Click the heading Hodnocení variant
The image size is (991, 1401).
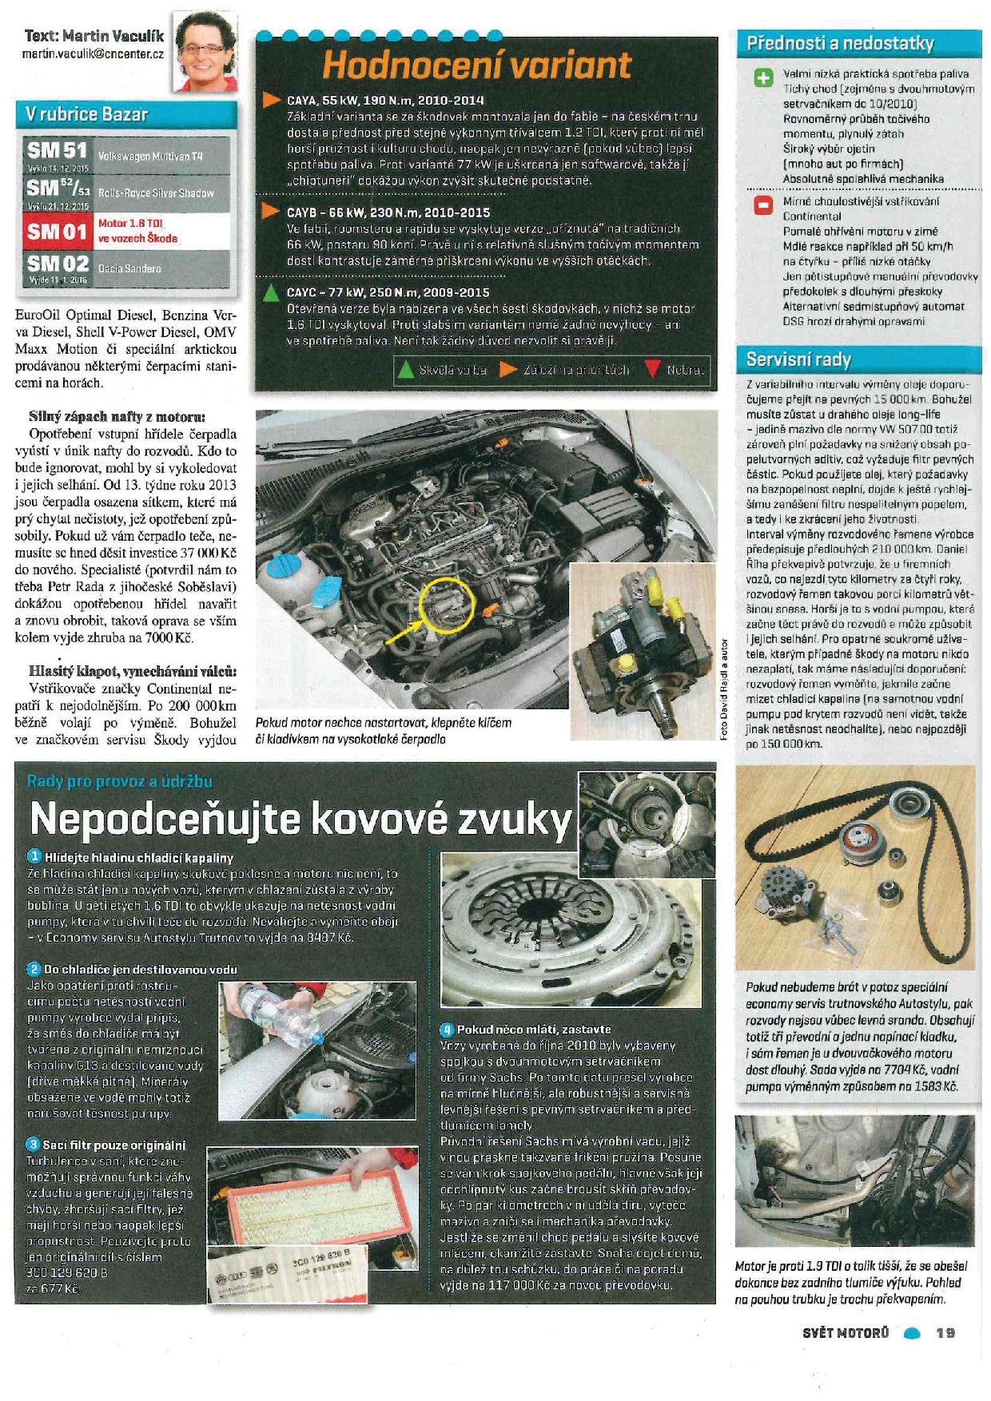pyautogui.click(x=476, y=65)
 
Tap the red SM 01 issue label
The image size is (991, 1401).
pyautogui.click(x=57, y=232)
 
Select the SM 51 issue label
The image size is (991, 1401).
pyautogui.click(x=57, y=152)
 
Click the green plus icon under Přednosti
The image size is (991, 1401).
pyautogui.click(x=764, y=77)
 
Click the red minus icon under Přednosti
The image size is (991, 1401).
pyautogui.click(x=764, y=205)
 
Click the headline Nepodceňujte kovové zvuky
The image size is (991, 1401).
pyautogui.click(x=300, y=818)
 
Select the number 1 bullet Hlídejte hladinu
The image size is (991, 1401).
pyautogui.click(x=34, y=857)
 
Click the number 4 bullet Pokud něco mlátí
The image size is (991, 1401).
pyautogui.click(x=447, y=1030)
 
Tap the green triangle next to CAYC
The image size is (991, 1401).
pyautogui.click(x=272, y=292)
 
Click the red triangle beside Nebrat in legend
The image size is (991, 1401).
pyautogui.click(x=653, y=370)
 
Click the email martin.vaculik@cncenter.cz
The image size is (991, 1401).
pyautogui.click(x=93, y=54)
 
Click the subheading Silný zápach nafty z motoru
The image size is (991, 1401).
pyautogui.click(x=117, y=416)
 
